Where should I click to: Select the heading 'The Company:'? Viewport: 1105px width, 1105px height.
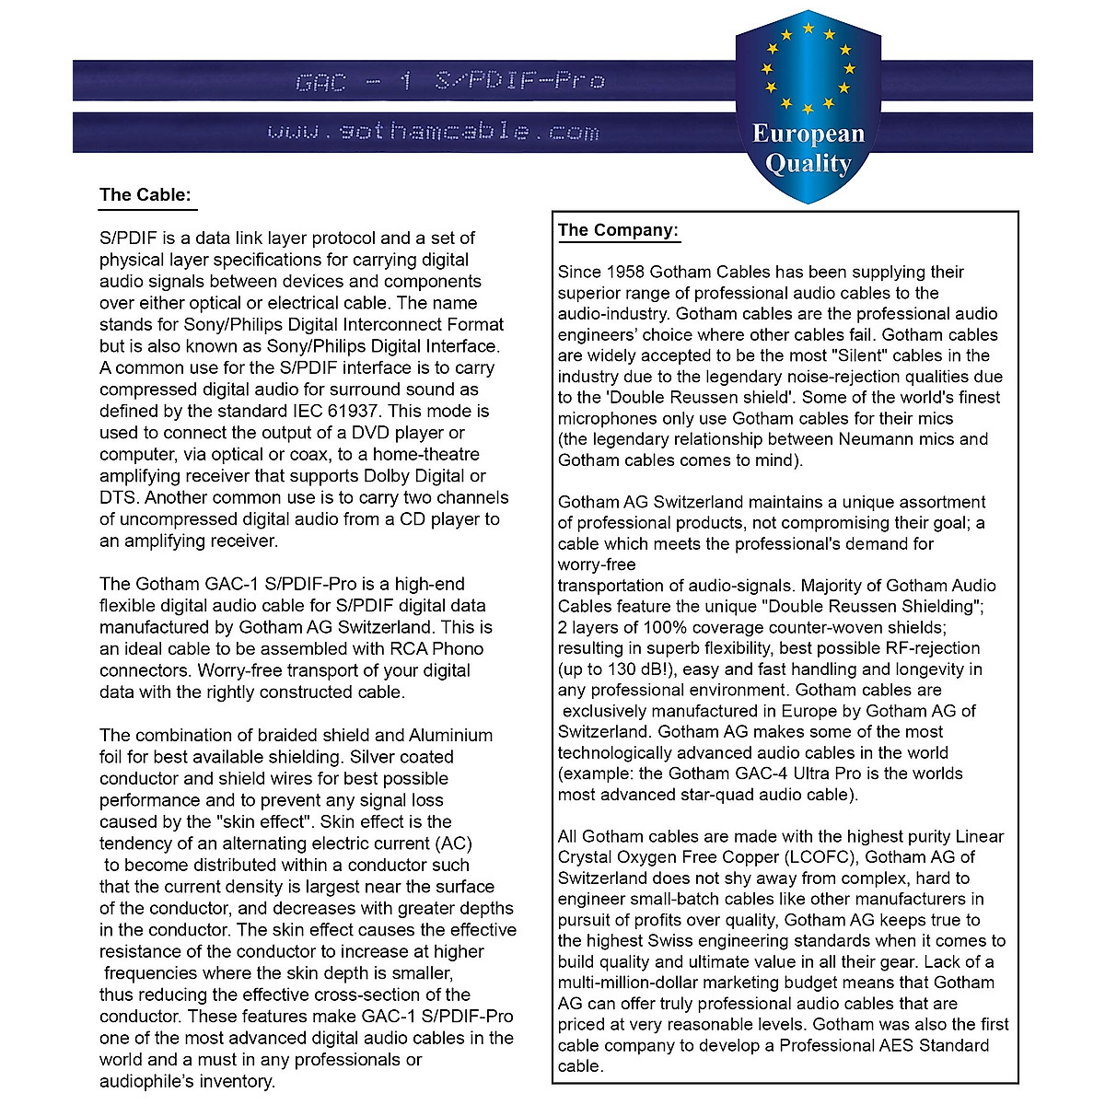click(x=618, y=230)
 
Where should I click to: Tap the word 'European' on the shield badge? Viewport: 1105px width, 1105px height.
click(x=808, y=134)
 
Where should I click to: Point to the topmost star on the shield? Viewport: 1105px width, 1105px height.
click(x=808, y=29)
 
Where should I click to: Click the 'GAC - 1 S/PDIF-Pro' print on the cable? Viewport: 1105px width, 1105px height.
click(x=449, y=81)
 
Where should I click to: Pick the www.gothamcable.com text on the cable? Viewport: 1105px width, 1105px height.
click(x=433, y=132)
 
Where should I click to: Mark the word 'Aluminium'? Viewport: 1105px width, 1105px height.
click(x=450, y=736)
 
